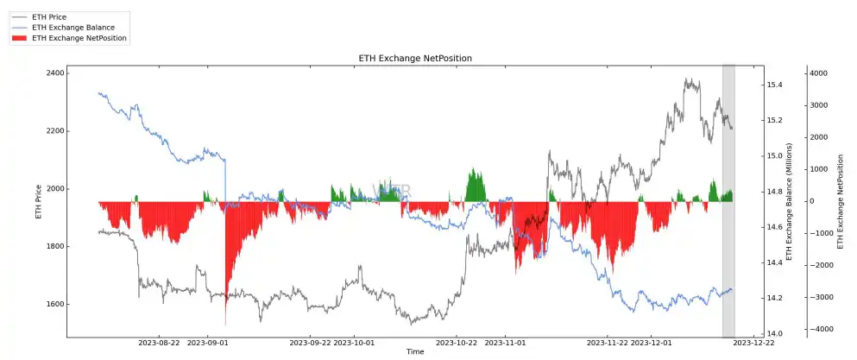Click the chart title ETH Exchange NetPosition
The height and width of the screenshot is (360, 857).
click(415, 58)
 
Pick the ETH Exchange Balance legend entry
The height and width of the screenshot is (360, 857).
click(72, 28)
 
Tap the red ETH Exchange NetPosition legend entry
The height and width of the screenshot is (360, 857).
click(79, 38)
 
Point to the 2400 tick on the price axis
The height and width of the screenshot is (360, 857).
click(54, 73)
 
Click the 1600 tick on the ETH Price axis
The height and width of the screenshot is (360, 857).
click(54, 305)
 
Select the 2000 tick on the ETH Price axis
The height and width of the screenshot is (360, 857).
click(54, 189)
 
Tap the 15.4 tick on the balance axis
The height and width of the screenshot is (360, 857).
click(773, 85)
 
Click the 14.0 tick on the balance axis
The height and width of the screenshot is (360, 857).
click(773, 333)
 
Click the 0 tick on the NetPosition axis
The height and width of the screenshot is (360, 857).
click(811, 201)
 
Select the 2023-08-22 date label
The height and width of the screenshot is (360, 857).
click(159, 343)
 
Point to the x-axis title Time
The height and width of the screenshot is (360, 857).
click(415, 352)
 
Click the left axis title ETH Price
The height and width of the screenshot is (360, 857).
click(38, 201)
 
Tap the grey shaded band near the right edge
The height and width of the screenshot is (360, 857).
click(728, 259)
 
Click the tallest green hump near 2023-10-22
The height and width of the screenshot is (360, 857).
click(475, 186)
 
